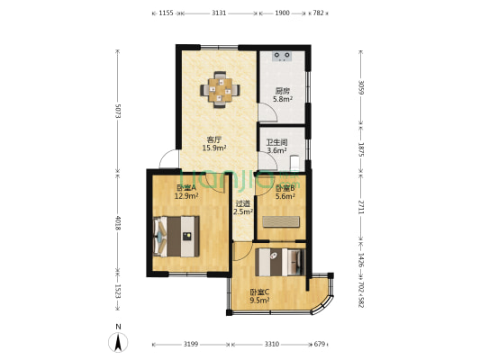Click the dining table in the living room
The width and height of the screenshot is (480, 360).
pyautogui.click(x=220, y=90)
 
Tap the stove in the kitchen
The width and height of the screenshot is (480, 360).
pyautogui.click(x=282, y=57)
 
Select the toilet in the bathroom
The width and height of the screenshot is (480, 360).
pyautogui.click(x=294, y=162)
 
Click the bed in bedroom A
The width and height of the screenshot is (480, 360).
pyautogui.click(x=176, y=236)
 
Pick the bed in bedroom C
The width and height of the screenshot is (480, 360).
pyautogui.click(x=280, y=262)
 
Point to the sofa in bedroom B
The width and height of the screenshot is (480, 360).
pyautogui.click(x=281, y=221)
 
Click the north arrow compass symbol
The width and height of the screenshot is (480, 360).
pyautogui.click(x=118, y=342)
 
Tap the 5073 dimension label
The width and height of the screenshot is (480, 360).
pyautogui.click(x=118, y=111)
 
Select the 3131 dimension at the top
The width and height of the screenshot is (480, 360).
pyautogui.click(x=219, y=13)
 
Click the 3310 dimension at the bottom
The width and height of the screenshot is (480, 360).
pyautogui.click(x=272, y=345)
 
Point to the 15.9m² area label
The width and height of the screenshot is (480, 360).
pyautogui.click(x=214, y=148)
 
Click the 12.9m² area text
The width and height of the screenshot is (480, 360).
pyautogui.click(x=186, y=196)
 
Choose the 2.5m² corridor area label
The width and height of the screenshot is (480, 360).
pyautogui.click(x=243, y=211)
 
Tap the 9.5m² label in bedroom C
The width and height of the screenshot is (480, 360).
pyautogui.click(x=259, y=301)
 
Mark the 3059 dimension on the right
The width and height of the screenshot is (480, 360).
pyautogui.click(x=361, y=87)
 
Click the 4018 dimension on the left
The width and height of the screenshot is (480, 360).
pyautogui.click(x=118, y=223)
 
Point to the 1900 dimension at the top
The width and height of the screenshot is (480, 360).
pyautogui.click(x=282, y=13)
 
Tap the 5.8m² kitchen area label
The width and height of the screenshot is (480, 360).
pyautogui.click(x=283, y=99)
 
